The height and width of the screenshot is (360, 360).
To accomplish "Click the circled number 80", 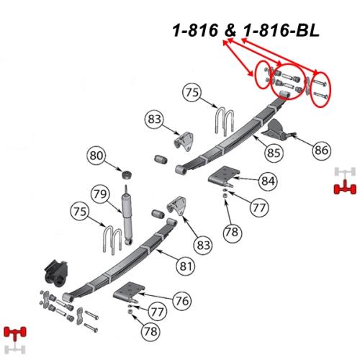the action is pyautogui.click(x=96, y=156).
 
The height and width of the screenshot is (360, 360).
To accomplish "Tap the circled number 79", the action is pyautogui.click(x=100, y=194).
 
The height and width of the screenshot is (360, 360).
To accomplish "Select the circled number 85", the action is pyautogui.click(x=274, y=153).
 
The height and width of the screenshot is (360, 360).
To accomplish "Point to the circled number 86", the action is pyautogui.click(x=321, y=150).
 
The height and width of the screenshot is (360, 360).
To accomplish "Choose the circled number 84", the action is pyautogui.click(x=268, y=181).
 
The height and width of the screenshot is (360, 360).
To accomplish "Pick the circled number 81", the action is pyautogui.click(x=186, y=266).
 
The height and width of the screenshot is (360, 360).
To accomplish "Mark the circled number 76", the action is pyautogui.click(x=182, y=301).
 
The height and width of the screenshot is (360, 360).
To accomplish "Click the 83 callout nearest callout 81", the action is pyautogui.click(x=203, y=245).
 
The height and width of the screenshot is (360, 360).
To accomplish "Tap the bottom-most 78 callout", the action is pyautogui.click(x=150, y=331).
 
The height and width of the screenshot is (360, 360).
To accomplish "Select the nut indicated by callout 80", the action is pyautogui.click(x=127, y=175).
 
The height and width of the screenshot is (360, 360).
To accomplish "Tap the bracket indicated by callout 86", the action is pyautogui.click(x=276, y=132).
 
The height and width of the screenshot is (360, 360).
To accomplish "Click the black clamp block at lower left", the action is pyautogui.click(x=56, y=274).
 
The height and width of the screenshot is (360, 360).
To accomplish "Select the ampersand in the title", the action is pyautogui.click(x=230, y=31).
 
